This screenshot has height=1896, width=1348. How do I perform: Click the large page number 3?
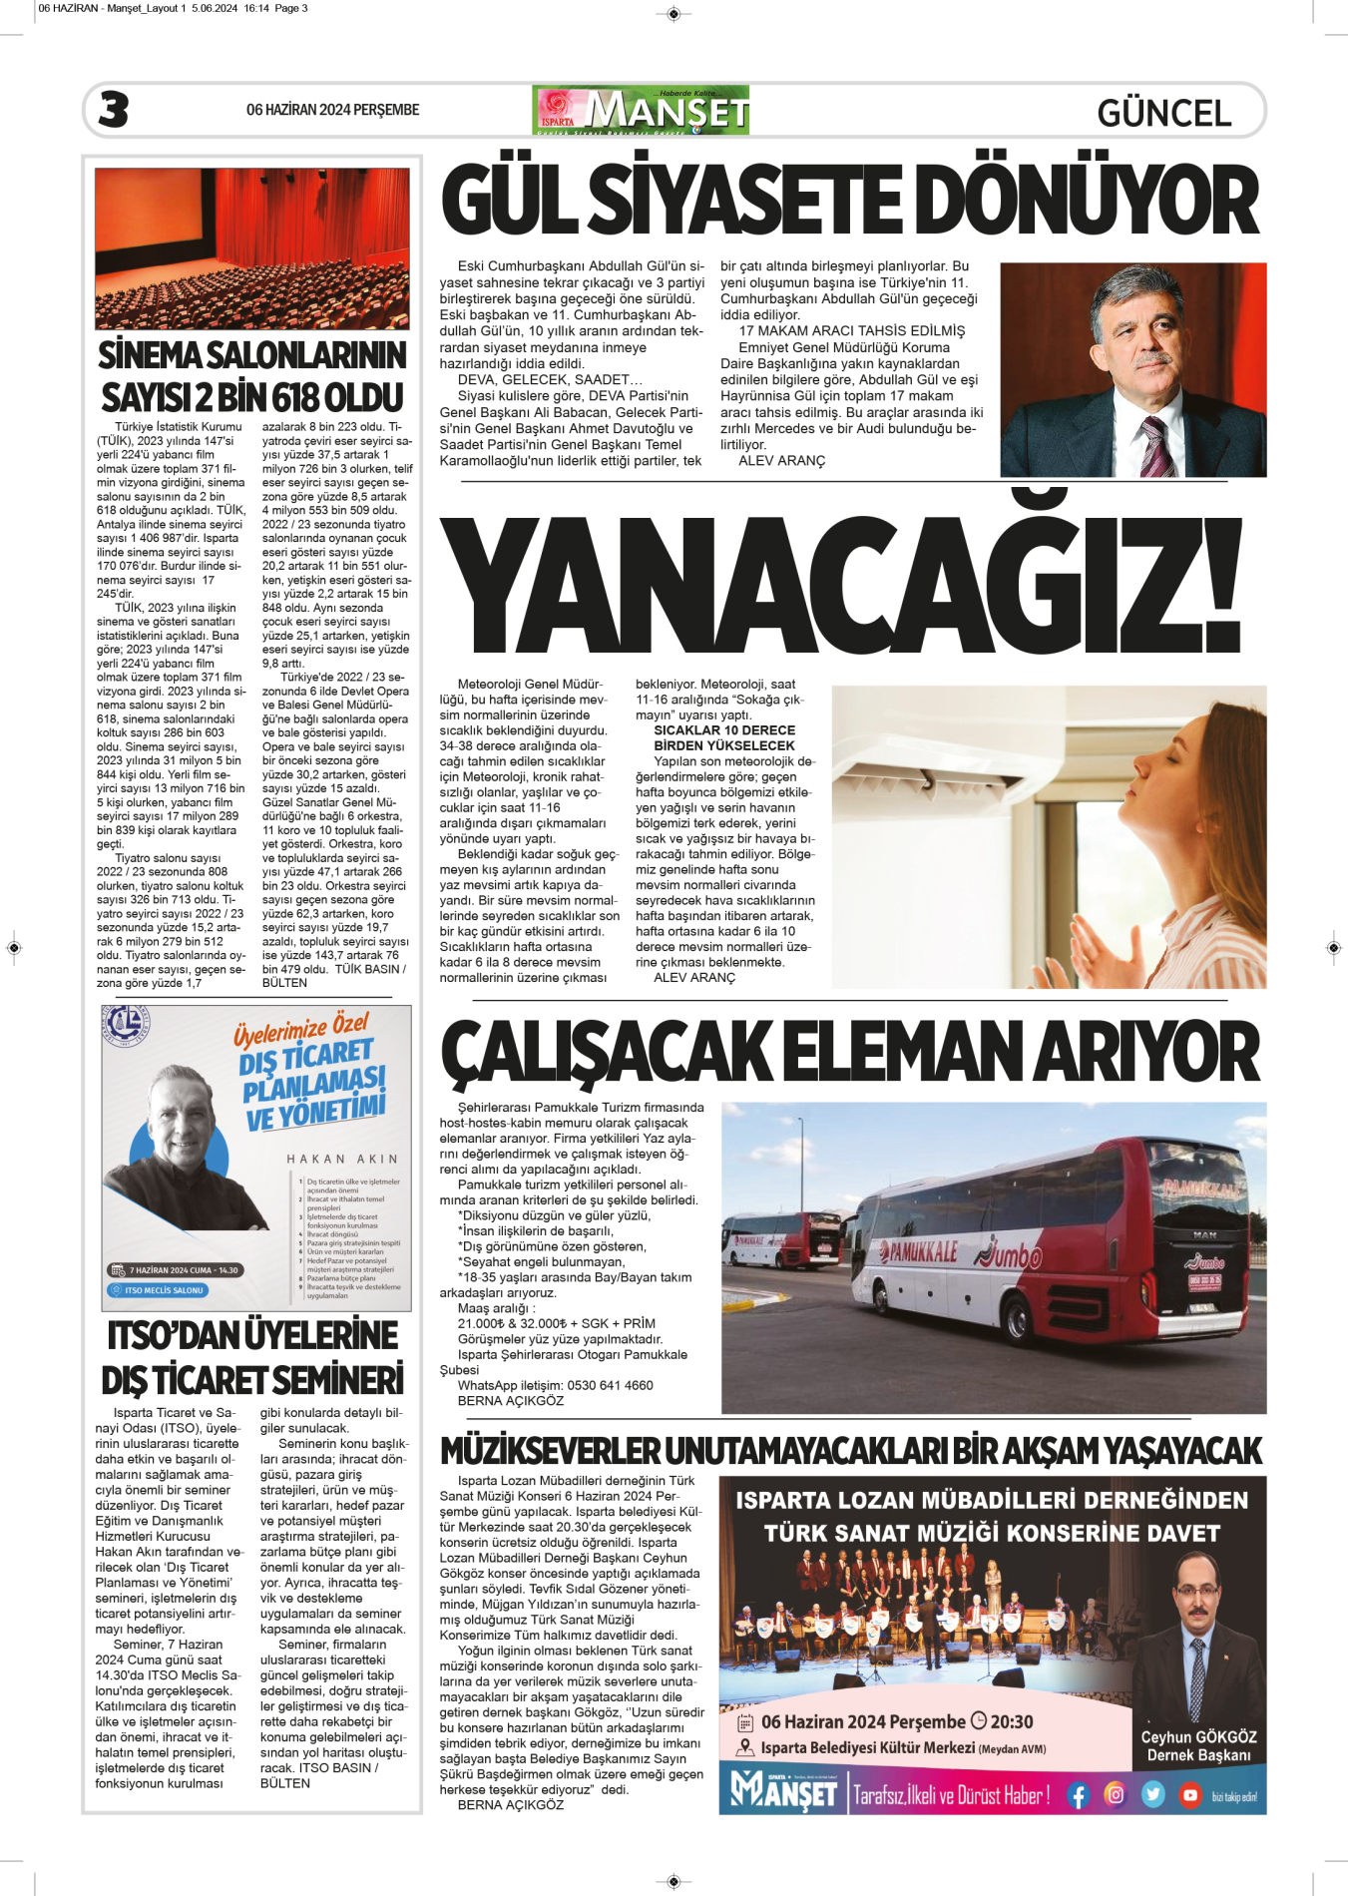pos(114,110)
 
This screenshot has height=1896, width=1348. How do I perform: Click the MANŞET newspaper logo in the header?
pos(642,111)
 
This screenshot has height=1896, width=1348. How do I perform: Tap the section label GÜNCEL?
pos(1163,114)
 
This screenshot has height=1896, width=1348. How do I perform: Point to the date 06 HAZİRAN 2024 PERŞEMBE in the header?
pos(332,110)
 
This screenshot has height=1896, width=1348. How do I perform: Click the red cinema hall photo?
pos(252,247)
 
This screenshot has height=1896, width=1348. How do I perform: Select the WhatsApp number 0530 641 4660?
pos(610,1385)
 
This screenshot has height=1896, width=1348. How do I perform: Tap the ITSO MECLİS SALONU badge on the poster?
pos(158,1290)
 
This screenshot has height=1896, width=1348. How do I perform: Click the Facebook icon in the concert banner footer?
pos(1078,1795)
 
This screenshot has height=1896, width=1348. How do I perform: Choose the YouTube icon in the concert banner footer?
pos(1189,1795)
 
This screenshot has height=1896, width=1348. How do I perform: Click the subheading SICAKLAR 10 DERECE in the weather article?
pos(724,730)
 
